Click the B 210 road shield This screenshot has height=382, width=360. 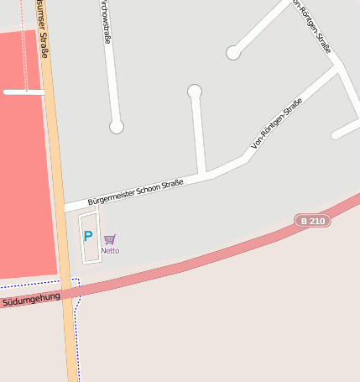[x=312, y=221]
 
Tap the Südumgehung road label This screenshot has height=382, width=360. [x=31, y=298]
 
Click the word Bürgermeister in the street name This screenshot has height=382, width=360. [x=113, y=196]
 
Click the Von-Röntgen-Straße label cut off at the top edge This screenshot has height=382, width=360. [x=313, y=25]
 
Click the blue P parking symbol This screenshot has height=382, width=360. [x=88, y=236]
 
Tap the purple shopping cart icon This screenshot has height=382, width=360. [x=110, y=239]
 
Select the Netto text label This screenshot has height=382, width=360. [x=110, y=250]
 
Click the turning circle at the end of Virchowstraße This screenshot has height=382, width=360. [x=117, y=127]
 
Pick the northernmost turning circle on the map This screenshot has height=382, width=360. [x=233, y=53]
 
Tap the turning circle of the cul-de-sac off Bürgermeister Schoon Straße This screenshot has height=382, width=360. [x=195, y=91]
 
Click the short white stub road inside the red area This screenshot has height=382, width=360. [x=23, y=92]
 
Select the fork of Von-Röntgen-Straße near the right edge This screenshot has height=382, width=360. [x=337, y=66]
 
